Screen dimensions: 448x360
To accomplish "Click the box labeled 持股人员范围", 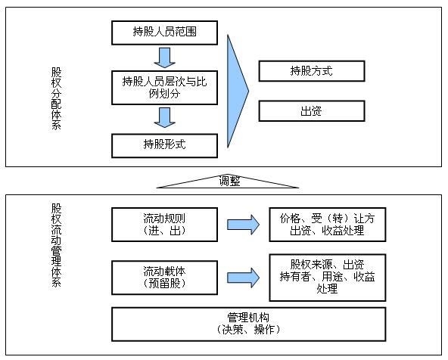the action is point(164,33).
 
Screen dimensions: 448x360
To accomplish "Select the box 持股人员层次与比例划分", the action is point(164,88).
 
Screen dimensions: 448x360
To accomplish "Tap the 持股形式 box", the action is point(164,146).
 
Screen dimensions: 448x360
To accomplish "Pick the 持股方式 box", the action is point(312,71).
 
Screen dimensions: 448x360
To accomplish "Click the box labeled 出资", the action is point(312,110).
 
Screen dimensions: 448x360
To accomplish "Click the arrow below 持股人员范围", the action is point(164,57).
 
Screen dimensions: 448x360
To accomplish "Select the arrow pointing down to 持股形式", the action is point(164,118).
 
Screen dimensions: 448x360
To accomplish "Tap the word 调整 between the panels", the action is point(229,182).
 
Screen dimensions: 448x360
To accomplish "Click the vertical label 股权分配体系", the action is point(56,99).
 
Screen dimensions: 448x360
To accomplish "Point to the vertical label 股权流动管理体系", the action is point(56,245).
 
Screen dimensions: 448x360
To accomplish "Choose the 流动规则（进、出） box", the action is point(164,225).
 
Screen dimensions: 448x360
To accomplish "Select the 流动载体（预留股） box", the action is point(164,278).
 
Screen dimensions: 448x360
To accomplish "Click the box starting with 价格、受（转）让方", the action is point(328,225).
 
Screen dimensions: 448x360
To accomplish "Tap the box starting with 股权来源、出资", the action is point(328,278).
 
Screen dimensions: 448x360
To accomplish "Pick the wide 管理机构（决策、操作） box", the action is point(248,324).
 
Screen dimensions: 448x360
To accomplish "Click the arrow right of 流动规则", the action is point(243,225).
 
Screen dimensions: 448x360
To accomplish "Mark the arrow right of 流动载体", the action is point(243,278).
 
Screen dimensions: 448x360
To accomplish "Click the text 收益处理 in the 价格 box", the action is point(343,231).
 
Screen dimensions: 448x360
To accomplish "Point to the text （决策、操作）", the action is point(248,330).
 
